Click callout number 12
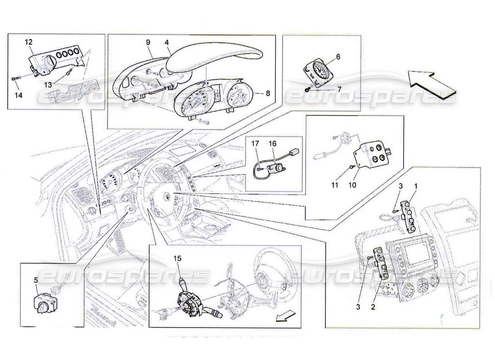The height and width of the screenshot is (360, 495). pyautogui.click(x=28, y=42)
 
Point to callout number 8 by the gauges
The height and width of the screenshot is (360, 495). pyautogui.click(x=268, y=94)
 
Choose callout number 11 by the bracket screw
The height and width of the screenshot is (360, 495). pyautogui.click(x=352, y=185)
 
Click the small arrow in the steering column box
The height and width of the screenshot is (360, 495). pyautogui.click(x=282, y=318)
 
